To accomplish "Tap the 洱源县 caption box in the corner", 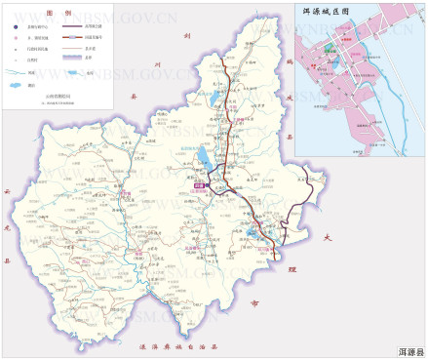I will pyautogui.click(x=409, y=350).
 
